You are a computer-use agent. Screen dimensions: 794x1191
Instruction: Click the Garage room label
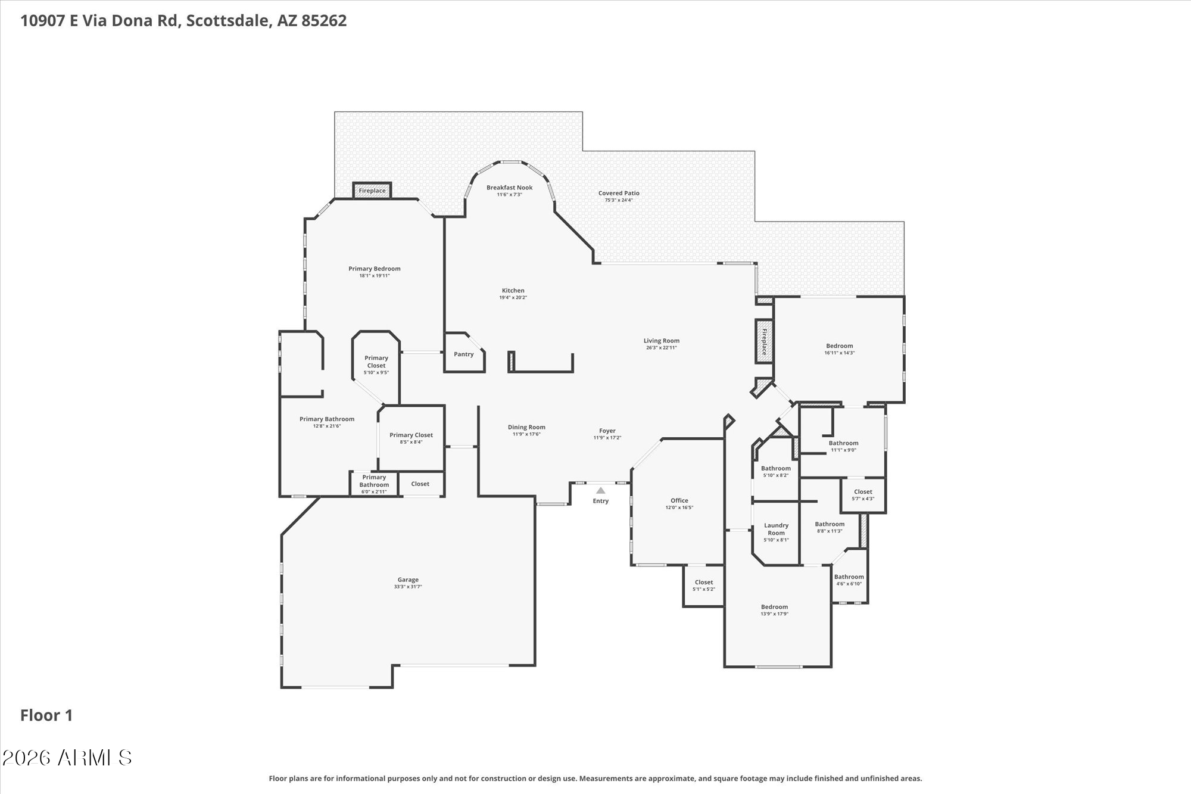pyautogui.click(x=408, y=580)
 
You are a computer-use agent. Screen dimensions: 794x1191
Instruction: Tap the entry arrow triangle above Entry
pyautogui.click(x=601, y=491)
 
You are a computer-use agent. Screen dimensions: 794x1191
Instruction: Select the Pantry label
pyautogui.click(x=463, y=354)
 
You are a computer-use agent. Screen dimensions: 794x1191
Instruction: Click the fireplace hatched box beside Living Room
pyautogui.click(x=764, y=342)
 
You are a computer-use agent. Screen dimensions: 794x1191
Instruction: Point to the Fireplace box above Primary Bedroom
pyautogui.click(x=372, y=191)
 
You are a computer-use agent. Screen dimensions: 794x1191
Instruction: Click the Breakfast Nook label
pyautogui.click(x=509, y=188)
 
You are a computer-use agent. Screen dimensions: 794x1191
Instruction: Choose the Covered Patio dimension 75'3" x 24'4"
pyautogui.click(x=619, y=200)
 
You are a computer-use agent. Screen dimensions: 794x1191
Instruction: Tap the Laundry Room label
pyautogui.click(x=776, y=529)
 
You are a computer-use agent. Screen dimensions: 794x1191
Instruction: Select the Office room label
pyautogui.click(x=679, y=500)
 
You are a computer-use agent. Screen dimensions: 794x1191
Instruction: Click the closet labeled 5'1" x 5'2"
pyautogui.click(x=703, y=586)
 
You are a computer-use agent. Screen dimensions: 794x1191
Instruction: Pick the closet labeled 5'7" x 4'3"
pyautogui.click(x=863, y=495)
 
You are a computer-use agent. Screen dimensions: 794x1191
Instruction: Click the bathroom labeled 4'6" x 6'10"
pyautogui.click(x=849, y=580)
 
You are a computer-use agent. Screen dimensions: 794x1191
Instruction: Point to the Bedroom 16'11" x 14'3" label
pyautogui.click(x=839, y=346)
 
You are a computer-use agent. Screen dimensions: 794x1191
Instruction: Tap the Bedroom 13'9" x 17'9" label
pyautogui.click(x=774, y=607)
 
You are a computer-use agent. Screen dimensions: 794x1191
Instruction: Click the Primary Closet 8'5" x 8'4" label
pyautogui.click(x=411, y=435)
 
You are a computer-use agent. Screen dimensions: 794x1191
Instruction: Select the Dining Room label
pyautogui.click(x=526, y=427)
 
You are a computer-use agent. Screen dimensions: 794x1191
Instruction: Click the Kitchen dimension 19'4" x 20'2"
pyautogui.click(x=513, y=297)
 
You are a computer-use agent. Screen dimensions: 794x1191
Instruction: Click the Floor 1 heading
pyautogui.click(x=46, y=715)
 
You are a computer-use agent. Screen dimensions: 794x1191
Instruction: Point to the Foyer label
pyautogui.click(x=607, y=431)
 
